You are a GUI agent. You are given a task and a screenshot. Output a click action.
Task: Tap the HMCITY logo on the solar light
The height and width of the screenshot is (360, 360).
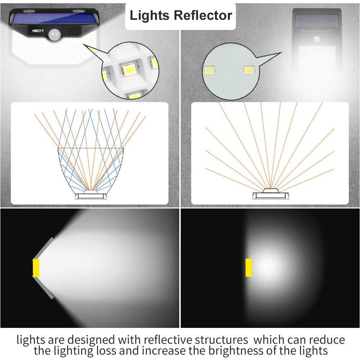(x=38, y=31)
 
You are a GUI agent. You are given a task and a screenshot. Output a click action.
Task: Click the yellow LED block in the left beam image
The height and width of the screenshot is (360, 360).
(x=36, y=268)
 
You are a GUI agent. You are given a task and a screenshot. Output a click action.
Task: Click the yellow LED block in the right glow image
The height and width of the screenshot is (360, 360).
(x=249, y=268)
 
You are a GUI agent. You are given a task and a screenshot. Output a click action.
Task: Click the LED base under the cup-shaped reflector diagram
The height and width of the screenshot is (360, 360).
(x=91, y=196)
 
